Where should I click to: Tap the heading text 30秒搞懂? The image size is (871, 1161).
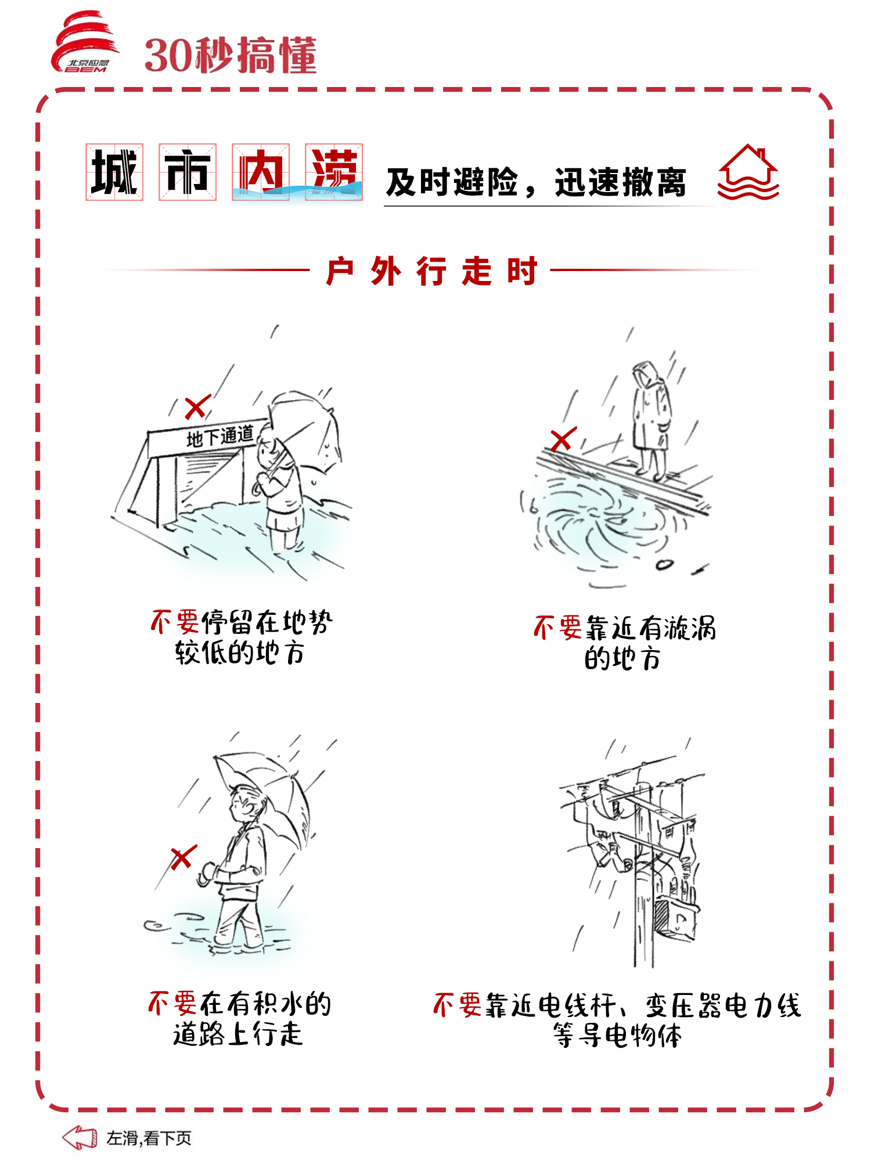pyautogui.click(x=231, y=56)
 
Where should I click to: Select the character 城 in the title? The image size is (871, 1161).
pyautogui.click(x=114, y=172)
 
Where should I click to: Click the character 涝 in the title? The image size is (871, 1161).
pyautogui.click(x=334, y=172)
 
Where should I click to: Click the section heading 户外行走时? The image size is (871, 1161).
pyautogui.click(x=431, y=271)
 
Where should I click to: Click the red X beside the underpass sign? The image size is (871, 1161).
pyautogui.click(x=197, y=407)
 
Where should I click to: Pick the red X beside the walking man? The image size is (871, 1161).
pyautogui.click(x=184, y=857)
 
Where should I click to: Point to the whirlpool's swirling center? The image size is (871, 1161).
pyautogui.click(x=598, y=514)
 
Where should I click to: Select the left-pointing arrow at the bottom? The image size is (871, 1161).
pyautogui.click(x=80, y=1137)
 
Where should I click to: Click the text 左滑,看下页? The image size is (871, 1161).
pyautogui.click(x=149, y=1138)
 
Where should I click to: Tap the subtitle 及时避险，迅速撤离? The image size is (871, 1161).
pyautogui.click(x=536, y=182)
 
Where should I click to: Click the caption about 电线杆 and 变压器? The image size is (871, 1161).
pyautogui.click(x=617, y=1020)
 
